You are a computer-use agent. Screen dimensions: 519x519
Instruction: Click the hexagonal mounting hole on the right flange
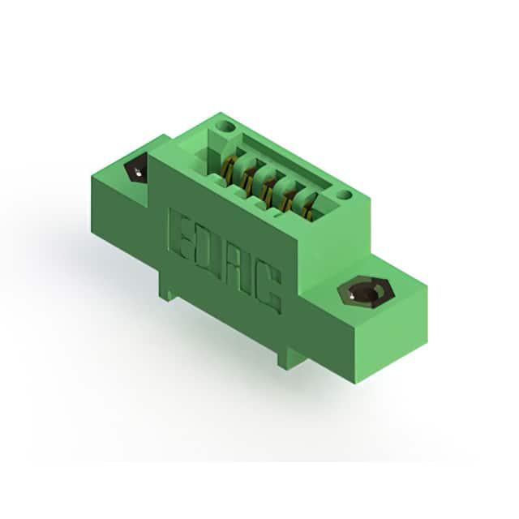click(x=366, y=293)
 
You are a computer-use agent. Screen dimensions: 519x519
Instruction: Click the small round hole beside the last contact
click(x=344, y=195)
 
